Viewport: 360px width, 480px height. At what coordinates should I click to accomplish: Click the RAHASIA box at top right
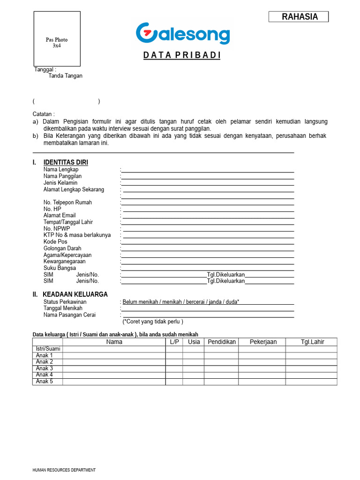click(299, 17)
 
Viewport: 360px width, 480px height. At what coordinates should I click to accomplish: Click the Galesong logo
click(183, 34)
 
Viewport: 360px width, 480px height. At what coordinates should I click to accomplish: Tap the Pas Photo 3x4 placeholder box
click(57, 39)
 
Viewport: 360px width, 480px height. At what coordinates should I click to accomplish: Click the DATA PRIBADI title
click(182, 55)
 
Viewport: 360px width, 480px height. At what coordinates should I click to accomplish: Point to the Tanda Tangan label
click(65, 76)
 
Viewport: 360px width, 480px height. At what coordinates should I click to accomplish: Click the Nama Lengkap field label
click(61, 170)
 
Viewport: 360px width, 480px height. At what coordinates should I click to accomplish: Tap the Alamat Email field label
click(60, 216)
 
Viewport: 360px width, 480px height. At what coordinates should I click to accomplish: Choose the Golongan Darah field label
click(62, 248)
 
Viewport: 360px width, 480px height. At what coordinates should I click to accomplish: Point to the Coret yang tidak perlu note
click(153, 322)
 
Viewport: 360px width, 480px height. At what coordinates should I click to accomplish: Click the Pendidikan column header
click(221, 342)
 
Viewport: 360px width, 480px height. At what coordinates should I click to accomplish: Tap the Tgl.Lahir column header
click(312, 342)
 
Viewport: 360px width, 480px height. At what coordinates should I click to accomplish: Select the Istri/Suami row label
click(48, 349)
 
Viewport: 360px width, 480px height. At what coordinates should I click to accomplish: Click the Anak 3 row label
click(45, 368)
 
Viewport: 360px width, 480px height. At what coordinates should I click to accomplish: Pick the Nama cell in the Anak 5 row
click(114, 382)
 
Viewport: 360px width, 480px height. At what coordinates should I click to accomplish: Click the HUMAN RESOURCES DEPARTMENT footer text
click(64, 470)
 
